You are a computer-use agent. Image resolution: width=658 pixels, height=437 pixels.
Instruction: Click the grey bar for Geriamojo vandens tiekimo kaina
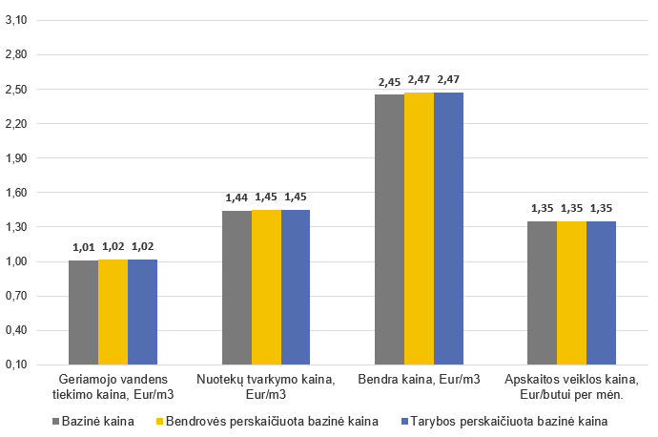click(84, 312)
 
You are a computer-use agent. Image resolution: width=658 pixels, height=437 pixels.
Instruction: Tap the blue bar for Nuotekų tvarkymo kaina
click(296, 286)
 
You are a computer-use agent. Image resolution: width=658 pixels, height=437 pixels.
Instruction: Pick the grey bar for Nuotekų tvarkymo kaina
click(236, 287)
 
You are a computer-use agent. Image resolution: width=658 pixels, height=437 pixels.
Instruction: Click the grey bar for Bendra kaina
click(389, 229)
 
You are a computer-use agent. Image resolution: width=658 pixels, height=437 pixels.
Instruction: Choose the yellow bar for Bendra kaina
click(419, 228)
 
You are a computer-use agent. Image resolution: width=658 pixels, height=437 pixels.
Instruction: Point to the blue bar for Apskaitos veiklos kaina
click(601, 292)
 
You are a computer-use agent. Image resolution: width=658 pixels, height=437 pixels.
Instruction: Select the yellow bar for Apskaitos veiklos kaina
click(571, 292)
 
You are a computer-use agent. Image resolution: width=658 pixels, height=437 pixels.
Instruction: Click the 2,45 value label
click(389, 81)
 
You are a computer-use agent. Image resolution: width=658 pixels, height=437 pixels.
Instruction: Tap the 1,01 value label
click(84, 247)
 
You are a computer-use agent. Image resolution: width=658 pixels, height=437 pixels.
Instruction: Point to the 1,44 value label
click(236, 198)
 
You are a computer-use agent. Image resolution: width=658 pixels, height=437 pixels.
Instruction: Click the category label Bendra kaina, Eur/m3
click(419, 381)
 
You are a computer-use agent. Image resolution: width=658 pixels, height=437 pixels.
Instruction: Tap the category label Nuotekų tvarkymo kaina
click(266, 386)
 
